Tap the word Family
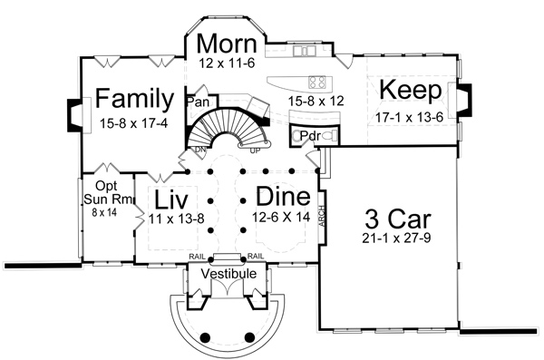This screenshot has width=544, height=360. point(135,97)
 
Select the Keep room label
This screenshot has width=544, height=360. point(410,90)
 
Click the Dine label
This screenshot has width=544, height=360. point(283,196)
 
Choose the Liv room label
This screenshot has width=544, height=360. point(170,199)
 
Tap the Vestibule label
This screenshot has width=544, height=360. point(227,273)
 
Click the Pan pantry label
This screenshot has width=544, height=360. point(198,102)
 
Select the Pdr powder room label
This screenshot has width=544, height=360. point(308,136)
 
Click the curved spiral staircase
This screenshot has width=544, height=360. point(228,127)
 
